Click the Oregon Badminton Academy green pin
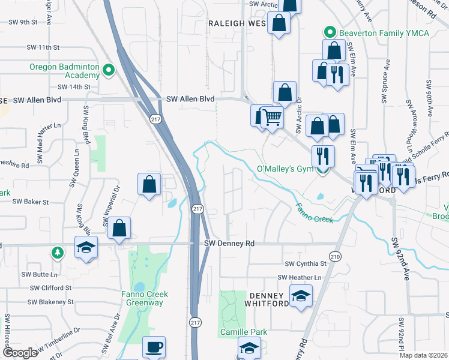coord(109,71)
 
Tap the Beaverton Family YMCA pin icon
coord(329,32)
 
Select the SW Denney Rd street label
coord(229,244)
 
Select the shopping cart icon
coord(272,116)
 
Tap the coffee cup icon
coord(154,347)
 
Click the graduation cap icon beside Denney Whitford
coord(301,295)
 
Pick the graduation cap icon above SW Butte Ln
coord(86,247)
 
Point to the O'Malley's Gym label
coord(285,169)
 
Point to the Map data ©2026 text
coord(423,355)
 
